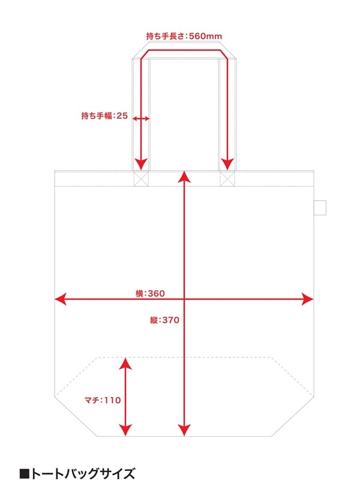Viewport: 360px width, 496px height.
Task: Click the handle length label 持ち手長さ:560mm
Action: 184,37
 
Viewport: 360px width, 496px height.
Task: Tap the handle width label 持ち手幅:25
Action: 105,116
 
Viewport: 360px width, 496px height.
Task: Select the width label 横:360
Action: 150,293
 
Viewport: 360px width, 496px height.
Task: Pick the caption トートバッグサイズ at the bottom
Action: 83,474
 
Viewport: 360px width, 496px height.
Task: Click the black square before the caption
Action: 25,474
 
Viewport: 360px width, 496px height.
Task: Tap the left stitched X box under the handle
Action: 140,179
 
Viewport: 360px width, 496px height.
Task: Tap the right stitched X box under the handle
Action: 227,179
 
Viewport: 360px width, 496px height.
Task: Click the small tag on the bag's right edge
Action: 320,206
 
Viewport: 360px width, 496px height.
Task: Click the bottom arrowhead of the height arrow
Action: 184,430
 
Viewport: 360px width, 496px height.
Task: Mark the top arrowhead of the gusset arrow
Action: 125,362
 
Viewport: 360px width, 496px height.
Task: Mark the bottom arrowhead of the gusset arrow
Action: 125,430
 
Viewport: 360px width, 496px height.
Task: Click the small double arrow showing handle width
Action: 141,119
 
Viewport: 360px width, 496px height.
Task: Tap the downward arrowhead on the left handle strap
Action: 140,163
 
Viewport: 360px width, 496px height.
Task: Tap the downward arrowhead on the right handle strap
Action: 227,163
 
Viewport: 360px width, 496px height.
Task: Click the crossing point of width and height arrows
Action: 184,299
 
